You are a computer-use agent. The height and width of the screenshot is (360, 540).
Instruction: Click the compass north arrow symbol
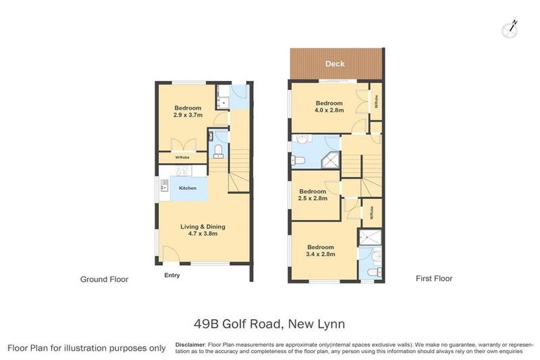pyautogui.click(x=510, y=28)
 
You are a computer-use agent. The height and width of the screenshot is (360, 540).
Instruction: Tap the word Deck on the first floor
pyautogui.click(x=335, y=64)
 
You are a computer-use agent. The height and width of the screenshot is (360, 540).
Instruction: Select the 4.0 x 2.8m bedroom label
pyautogui.click(x=329, y=106)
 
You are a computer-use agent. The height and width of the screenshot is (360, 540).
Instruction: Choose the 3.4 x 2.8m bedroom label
pyautogui.click(x=320, y=250)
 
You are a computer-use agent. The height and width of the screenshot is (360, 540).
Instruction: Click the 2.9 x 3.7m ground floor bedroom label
pyautogui.click(x=188, y=112)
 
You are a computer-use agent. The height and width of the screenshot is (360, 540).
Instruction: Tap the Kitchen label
pyautogui.click(x=187, y=188)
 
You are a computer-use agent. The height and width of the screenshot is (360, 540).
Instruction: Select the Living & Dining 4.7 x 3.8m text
pyautogui.click(x=202, y=230)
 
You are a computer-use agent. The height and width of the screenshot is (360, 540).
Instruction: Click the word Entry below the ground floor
pyautogui.click(x=172, y=275)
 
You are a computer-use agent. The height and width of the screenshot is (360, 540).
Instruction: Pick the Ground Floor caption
pyautogui.click(x=105, y=279)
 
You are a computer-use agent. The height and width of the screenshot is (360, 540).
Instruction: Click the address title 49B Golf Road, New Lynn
pyautogui.click(x=269, y=324)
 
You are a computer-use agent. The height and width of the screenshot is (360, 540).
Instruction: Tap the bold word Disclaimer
pyautogui.click(x=190, y=345)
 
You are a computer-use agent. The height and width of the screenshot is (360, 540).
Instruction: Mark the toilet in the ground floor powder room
pyautogui.click(x=218, y=151)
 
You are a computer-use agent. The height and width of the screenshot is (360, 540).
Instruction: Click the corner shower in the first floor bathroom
pyautogui.click(x=330, y=161)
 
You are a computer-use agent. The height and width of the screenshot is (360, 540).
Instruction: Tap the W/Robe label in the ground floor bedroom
pyautogui.click(x=181, y=157)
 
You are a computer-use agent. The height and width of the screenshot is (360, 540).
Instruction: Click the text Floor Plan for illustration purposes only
pyautogui.click(x=86, y=348)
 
